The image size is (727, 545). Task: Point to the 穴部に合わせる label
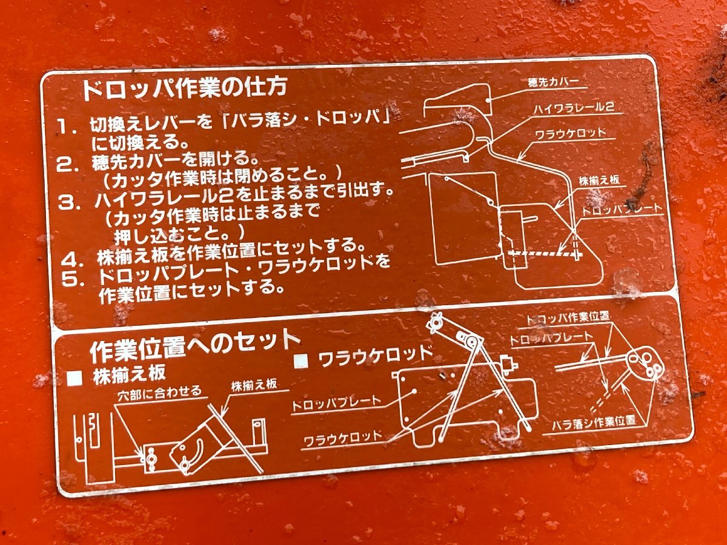click(x=159, y=392)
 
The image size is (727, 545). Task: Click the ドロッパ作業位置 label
click(x=568, y=317)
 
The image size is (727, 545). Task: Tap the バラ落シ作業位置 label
click(x=593, y=420)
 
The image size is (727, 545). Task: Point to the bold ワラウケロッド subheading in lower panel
click(x=374, y=354)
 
